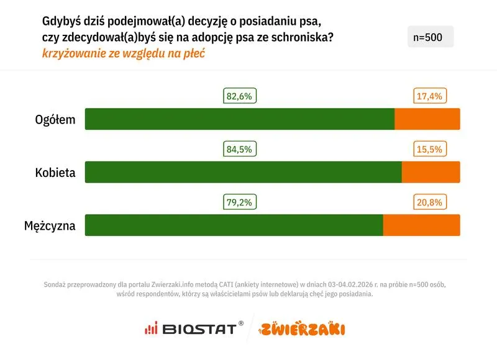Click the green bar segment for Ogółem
click(x=239, y=119)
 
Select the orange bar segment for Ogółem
click(x=427, y=119)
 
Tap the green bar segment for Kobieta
click(x=243, y=172)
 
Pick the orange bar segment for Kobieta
click(x=431, y=172)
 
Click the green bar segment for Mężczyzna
click(x=234, y=225)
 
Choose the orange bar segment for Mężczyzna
click(x=422, y=225)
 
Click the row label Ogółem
click(x=55, y=120)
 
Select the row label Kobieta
click(x=55, y=173)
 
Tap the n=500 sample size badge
click(x=430, y=37)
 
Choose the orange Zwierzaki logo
click(x=303, y=328)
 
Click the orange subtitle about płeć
click(x=123, y=53)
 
